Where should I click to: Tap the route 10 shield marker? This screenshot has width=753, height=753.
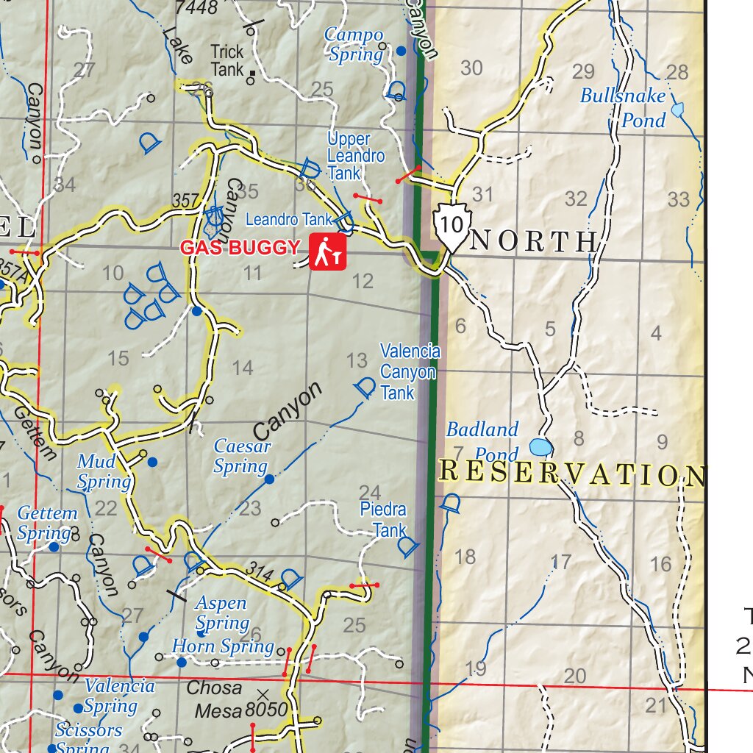point(449,226)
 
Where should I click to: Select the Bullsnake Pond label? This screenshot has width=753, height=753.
point(623,107)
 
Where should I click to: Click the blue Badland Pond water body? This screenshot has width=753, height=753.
point(540,447)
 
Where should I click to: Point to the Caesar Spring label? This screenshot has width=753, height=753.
point(241,456)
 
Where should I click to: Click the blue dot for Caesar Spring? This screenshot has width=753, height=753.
point(269,479)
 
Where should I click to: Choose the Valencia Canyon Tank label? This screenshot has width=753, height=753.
point(410,372)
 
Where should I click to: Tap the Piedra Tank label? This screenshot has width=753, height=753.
point(383,519)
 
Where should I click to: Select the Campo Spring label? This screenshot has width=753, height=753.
point(354,44)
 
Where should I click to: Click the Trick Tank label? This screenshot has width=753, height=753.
point(226,60)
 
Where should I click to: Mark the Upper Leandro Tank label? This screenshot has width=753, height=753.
point(355,155)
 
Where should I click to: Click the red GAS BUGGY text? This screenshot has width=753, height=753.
point(240,248)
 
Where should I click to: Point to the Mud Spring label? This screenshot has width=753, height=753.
point(104,472)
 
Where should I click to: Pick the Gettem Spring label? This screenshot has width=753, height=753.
point(47,523)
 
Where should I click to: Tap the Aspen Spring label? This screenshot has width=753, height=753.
point(221,613)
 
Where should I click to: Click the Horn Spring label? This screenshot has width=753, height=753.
point(223,646)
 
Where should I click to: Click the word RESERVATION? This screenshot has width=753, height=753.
point(571,474)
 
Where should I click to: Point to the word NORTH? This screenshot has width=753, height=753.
point(533,241)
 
